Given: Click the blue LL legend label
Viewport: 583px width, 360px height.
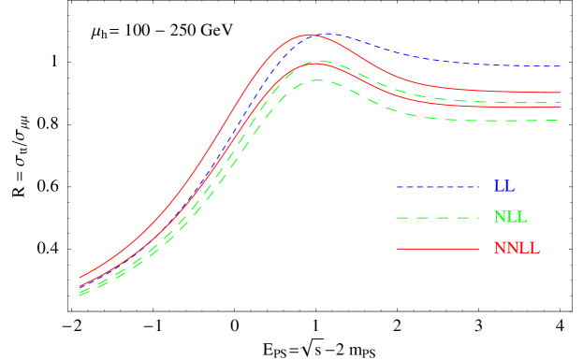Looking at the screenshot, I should (503, 187).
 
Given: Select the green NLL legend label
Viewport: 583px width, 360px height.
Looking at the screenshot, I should (510, 218).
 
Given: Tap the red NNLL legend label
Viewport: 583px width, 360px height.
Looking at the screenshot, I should (517, 249).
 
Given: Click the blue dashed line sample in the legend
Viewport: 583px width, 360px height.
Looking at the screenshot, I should (438, 187).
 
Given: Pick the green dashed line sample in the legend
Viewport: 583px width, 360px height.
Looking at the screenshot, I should (438, 218).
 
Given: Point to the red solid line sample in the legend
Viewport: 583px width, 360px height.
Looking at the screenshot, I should (438, 249).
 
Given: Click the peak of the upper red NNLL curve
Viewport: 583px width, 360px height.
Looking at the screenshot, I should (306, 36).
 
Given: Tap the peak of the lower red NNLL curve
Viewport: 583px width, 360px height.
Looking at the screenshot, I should (313, 64).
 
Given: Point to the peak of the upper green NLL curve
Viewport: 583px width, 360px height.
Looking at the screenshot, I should (319, 61).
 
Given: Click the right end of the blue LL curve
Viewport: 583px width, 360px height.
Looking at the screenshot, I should (561, 66).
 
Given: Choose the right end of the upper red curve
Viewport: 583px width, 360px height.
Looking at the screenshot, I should (561, 93).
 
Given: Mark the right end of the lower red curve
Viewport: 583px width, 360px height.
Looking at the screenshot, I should (561, 107).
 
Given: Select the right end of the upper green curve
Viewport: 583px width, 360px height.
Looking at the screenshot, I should (561, 102).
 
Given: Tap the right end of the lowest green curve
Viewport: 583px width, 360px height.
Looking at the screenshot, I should (561, 120).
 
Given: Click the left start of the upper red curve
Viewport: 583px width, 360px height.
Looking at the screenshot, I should (80, 278).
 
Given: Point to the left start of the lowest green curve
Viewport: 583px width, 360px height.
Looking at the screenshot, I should (80, 295).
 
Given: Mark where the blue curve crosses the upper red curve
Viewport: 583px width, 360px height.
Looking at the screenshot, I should (310, 36).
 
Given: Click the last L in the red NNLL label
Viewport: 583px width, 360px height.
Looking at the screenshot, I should (534, 249).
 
